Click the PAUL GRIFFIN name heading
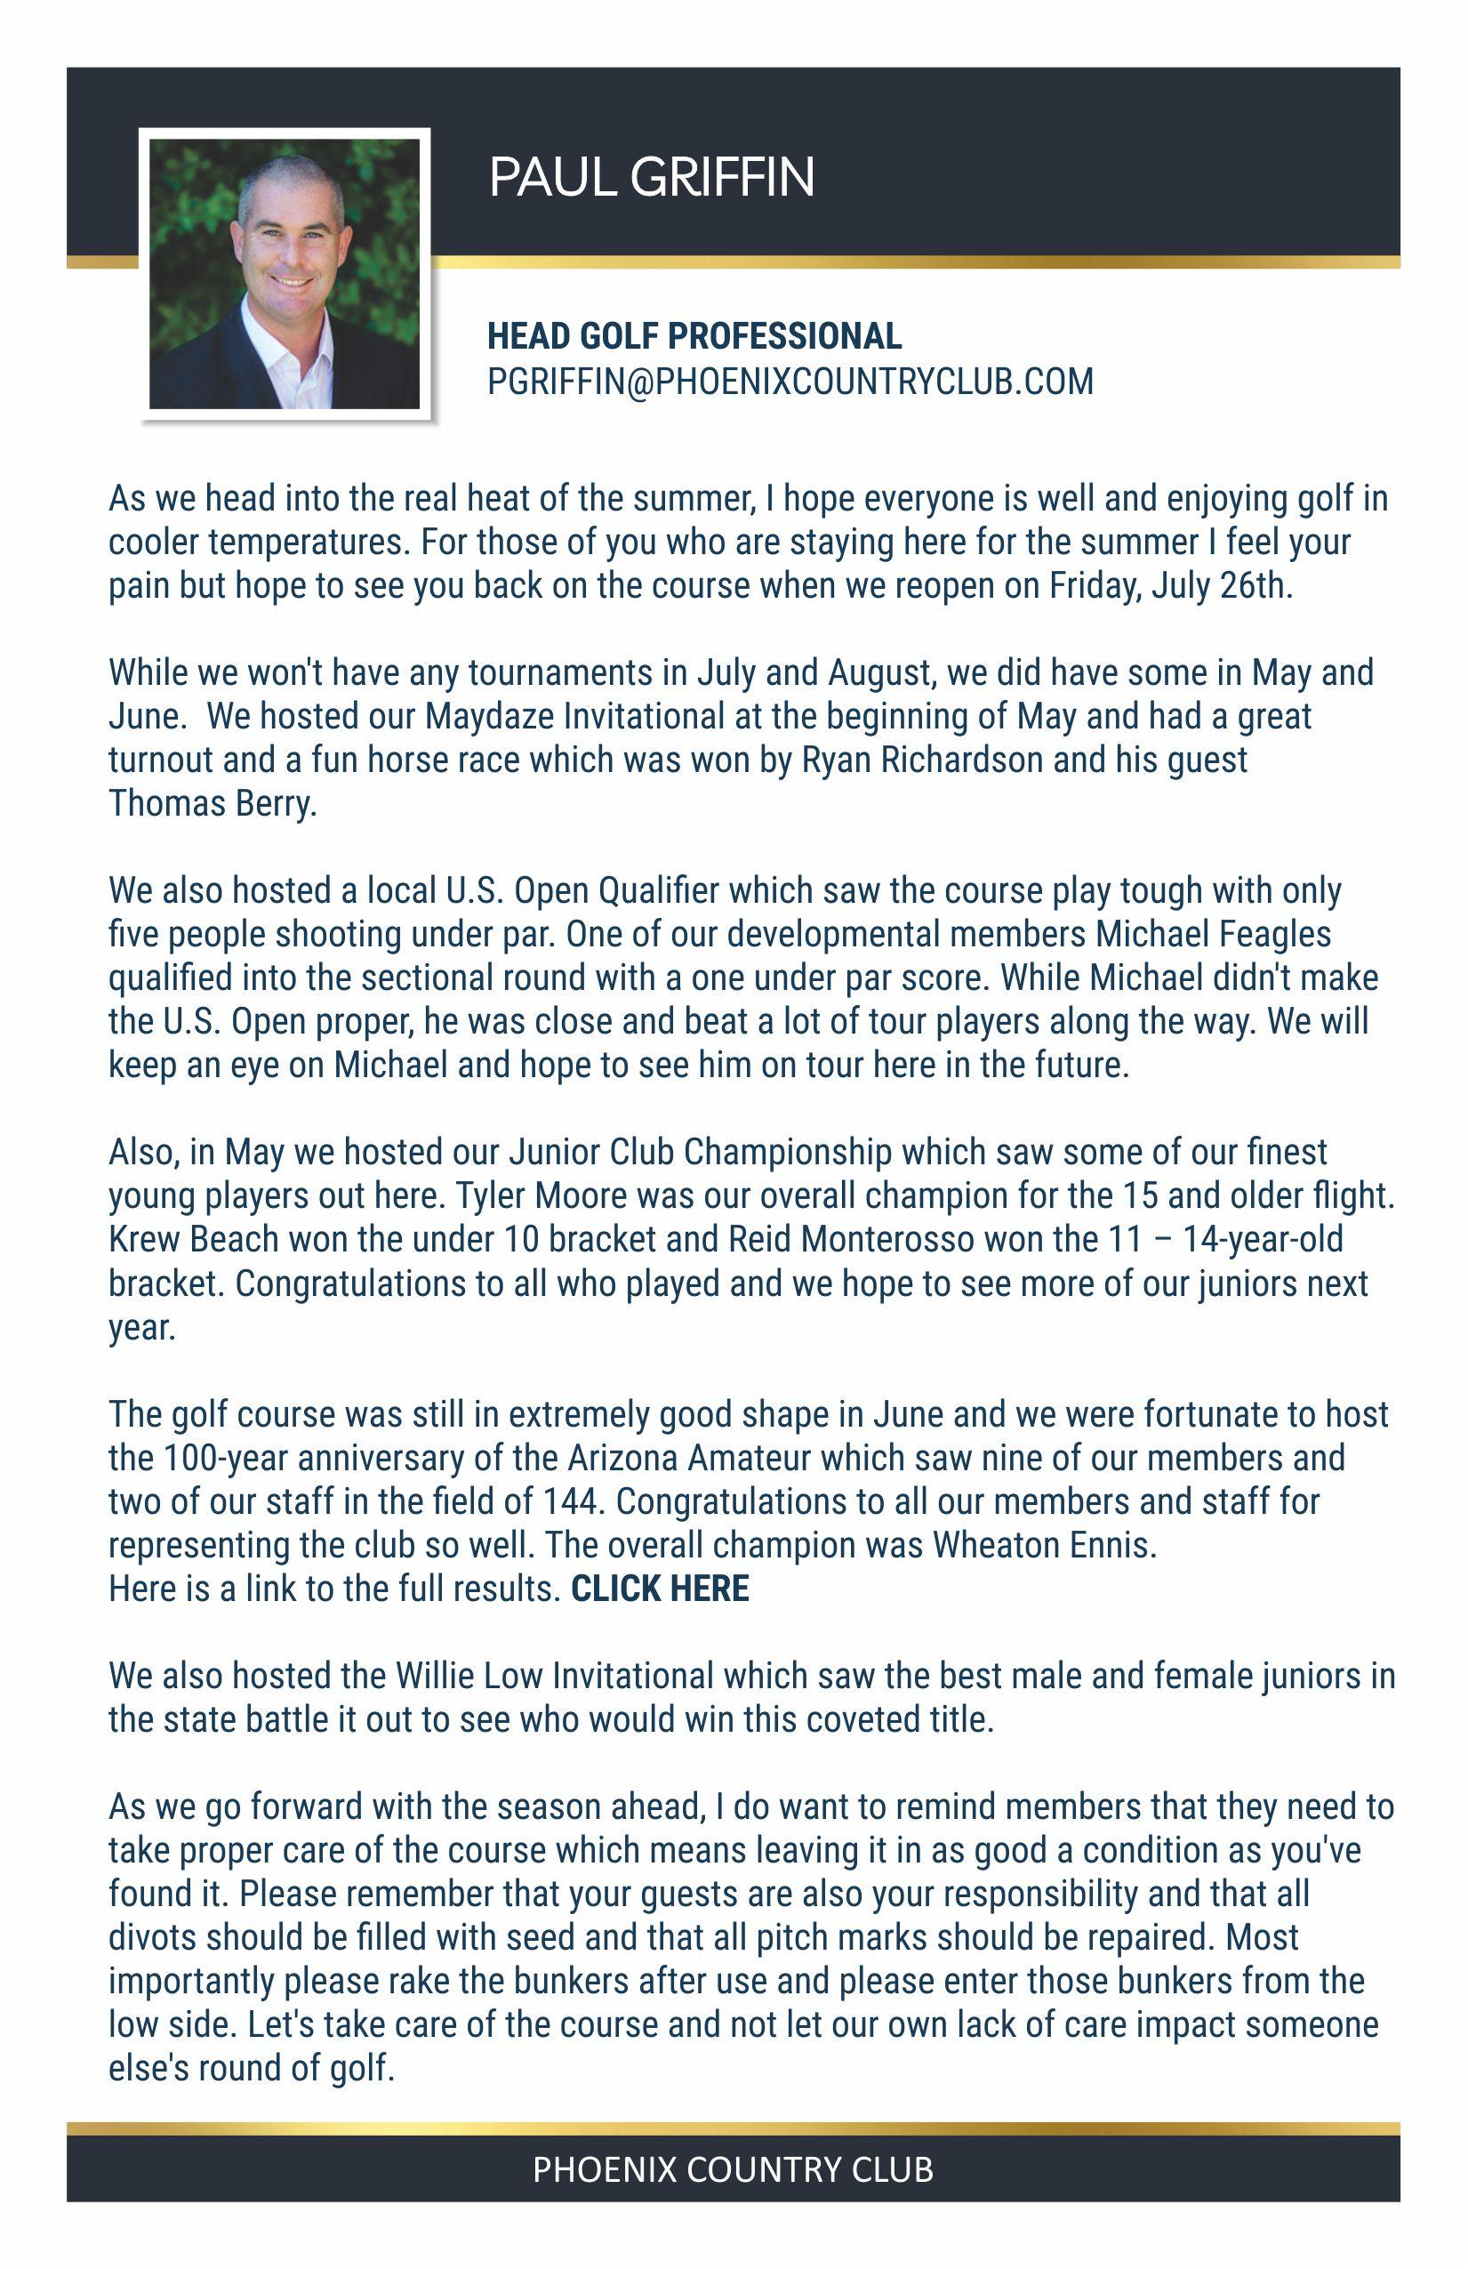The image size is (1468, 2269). click(x=652, y=177)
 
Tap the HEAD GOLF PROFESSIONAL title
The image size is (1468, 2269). click(x=694, y=335)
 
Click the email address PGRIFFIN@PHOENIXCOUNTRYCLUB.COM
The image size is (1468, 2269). click(x=790, y=382)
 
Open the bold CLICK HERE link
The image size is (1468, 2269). click(x=660, y=1589)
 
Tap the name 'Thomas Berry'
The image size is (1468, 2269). click(x=211, y=804)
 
